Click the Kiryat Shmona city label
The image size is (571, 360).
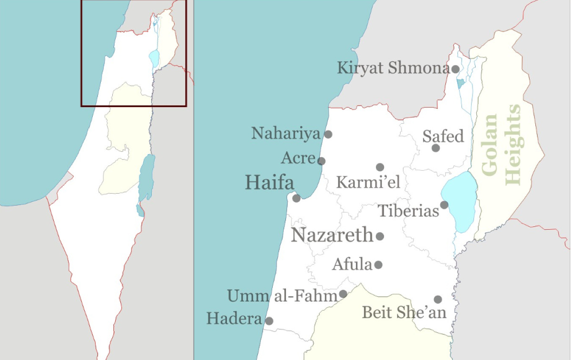(x=393, y=68)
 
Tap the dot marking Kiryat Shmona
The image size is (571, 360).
(x=455, y=69)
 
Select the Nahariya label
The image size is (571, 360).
(x=286, y=134)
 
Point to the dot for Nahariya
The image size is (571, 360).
(x=328, y=134)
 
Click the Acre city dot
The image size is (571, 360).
(x=321, y=161)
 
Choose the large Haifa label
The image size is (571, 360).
(x=269, y=183)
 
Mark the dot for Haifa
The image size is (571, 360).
(x=296, y=198)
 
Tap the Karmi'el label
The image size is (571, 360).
(x=368, y=182)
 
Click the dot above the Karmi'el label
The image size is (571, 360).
(x=380, y=167)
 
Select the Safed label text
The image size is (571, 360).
(x=443, y=137)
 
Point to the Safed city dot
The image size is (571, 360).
(x=435, y=148)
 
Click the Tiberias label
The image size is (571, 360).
(x=409, y=211)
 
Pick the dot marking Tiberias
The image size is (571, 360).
(x=444, y=205)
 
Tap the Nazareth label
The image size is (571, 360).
(x=332, y=235)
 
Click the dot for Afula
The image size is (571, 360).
(x=378, y=264)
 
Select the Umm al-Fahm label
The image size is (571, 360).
(x=283, y=296)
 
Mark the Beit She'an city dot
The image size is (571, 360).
(x=438, y=299)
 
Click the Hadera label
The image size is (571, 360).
(x=234, y=319)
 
